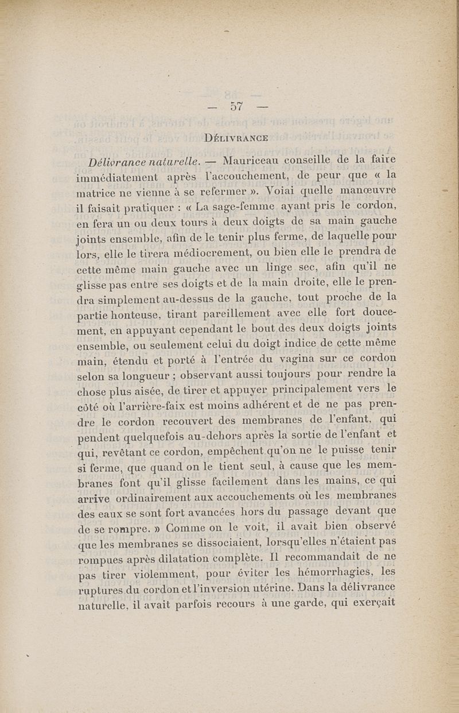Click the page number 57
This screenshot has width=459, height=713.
click(237, 106)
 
